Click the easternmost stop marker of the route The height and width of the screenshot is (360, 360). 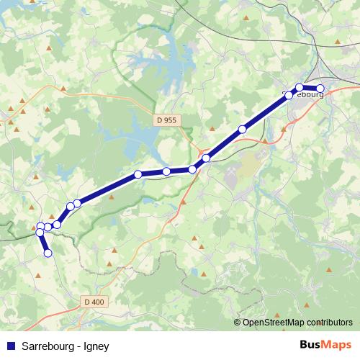320,89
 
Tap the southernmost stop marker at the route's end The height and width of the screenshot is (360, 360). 48,253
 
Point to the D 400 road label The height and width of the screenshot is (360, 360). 94,302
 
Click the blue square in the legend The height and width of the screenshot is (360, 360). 10,346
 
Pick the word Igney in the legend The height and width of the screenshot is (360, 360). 96,346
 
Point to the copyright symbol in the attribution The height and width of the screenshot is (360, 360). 238,323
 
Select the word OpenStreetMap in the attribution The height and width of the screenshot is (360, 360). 274,323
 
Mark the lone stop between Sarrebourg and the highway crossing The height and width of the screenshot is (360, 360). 242,130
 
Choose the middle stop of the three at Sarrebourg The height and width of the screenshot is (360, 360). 300,87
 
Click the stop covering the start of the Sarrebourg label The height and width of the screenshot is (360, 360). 289,95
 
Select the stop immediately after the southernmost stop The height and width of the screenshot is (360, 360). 40,232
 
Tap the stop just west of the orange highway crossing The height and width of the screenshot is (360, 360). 192,169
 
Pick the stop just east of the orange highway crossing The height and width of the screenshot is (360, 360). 206,158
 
